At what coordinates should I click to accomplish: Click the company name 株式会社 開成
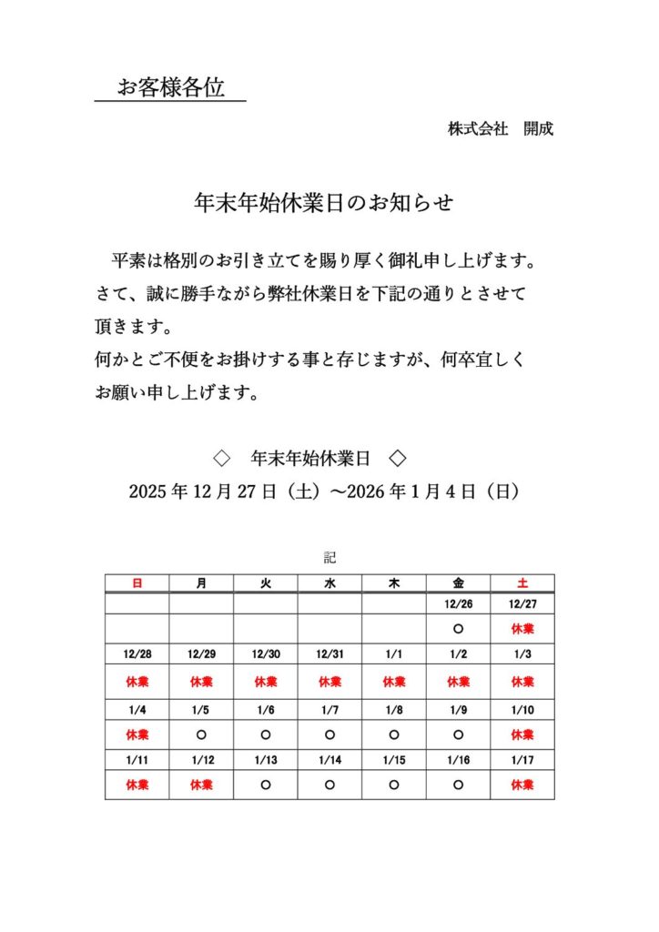pyautogui.click(x=500, y=129)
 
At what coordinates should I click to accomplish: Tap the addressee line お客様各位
pyautogui.click(x=170, y=88)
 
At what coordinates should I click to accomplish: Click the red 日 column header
pyautogui.click(x=137, y=583)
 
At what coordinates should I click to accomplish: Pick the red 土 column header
pyautogui.click(x=522, y=583)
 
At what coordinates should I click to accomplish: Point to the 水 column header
pyautogui.click(x=329, y=583)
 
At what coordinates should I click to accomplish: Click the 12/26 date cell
pyautogui.click(x=458, y=603)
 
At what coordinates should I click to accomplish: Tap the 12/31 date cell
pyautogui.click(x=329, y=654)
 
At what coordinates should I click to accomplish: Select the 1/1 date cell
pyautogui.click(x=394, y=654)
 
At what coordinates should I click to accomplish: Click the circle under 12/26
pyautogui.click(x=458, y=629)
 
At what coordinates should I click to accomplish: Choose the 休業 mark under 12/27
pyautogui.click(x=522, y=629)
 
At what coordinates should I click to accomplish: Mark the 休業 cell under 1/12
pyautogui.click(x=201, y=785)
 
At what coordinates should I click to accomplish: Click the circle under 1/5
pyautogui.click(x=201, y=734)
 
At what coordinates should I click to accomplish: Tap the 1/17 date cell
pyautogui.click(x=522, y=760)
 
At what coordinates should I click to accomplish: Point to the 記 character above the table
pyautogui.click(x=329, y=556)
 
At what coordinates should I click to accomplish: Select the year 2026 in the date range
pyautogui.click(x=366, y=492)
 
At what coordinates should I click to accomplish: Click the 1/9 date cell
pyautogui.click(x=458, y=709)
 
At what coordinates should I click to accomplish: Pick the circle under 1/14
pyautogui.click(x=329, y=785)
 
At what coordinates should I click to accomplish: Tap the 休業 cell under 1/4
pyautogui.click(x=137, y=734)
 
